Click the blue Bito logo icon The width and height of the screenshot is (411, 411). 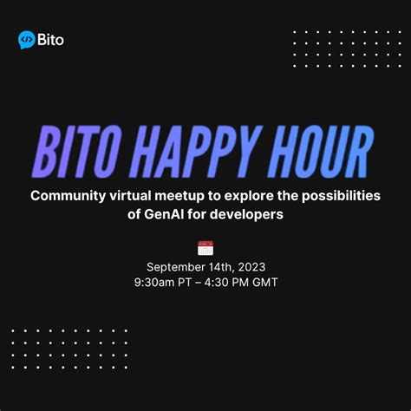pos(27,39)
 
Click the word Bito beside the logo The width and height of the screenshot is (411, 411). pos(51,39)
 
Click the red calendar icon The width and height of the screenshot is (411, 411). pos(205,248)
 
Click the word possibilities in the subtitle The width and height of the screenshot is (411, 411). pos(343,196)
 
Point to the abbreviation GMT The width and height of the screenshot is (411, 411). pos(263,283)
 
